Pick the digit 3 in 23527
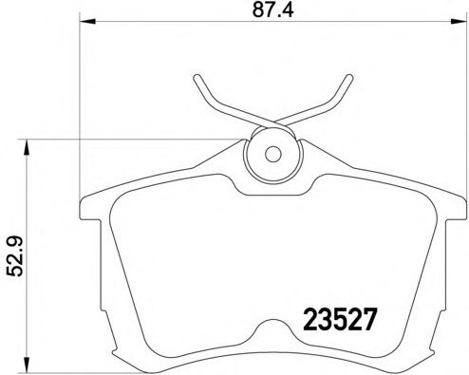point(325,318)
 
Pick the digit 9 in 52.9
point(13,242)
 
